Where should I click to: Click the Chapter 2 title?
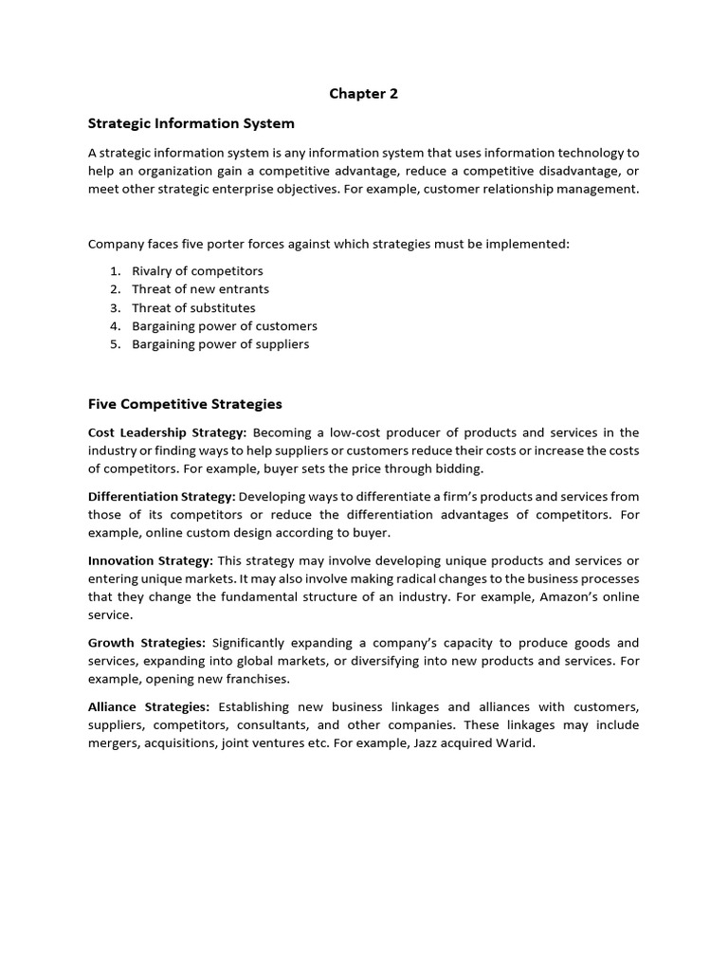(x=363, y=93)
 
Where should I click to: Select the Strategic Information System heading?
(x=191, y=123)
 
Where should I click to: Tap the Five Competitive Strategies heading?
(x=185, y=404)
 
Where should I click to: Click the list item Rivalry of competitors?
(x=197, y=271)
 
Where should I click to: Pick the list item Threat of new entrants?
(x=200, y=289)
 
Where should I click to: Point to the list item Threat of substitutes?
(x=193, y=308)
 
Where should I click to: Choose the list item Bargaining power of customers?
(x=224, y=326)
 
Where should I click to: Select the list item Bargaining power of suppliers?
(x=220, y=344)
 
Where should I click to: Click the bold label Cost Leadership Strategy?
(x=167, y=433)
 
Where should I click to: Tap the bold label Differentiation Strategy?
(x=161, y=497)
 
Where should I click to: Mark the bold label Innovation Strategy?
(x=151, y=560)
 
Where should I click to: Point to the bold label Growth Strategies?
(x=147, y=643)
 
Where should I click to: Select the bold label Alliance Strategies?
(x=149, y=707)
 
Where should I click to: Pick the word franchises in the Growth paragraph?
(x=256, y=680)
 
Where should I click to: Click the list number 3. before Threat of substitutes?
(x=115, y=308)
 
